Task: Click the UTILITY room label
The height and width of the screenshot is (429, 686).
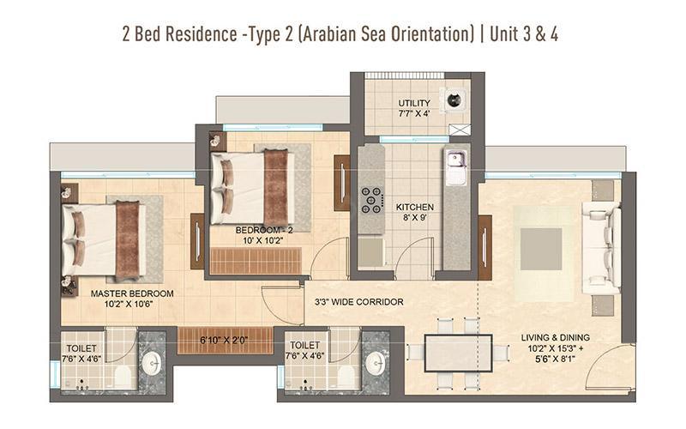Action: click(x=414, y=103)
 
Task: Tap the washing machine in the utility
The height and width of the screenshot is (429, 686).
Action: click(x=455, y=100)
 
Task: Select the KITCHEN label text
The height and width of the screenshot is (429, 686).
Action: click(x=415, y=207)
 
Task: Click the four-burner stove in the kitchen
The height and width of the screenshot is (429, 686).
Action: click(x=371, y=201)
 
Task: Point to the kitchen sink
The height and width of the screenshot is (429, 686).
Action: click(x=456, y=163)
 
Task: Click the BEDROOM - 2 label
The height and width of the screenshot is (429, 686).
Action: click(x=264, y=230)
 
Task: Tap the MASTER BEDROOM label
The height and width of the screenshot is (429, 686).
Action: click(x=132, y=293)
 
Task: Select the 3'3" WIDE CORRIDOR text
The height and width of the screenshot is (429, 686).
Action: click(x=358, y=302)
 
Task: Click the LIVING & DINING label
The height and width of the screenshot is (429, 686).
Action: click(x=555, y=337)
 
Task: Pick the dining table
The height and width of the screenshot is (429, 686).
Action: click(x=459, y=353)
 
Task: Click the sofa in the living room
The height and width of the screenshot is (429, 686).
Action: click(x=602, y=248)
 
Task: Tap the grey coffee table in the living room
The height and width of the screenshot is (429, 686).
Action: click(x=541, y=249)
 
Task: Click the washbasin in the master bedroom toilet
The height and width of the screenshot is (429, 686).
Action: click(x=152, y=363)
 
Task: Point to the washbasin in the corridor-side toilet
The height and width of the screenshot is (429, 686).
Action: click(x=376, y=363)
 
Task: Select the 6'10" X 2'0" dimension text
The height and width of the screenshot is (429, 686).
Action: click(x=224, y=340)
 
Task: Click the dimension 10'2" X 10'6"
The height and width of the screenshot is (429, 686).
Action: click(x=128, y=305)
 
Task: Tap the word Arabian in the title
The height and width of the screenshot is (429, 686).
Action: click(x=328, y=34)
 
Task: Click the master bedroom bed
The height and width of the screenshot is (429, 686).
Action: click(x=104, y=241)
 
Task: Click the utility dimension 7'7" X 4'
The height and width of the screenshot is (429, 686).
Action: click(x=414, y=113)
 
